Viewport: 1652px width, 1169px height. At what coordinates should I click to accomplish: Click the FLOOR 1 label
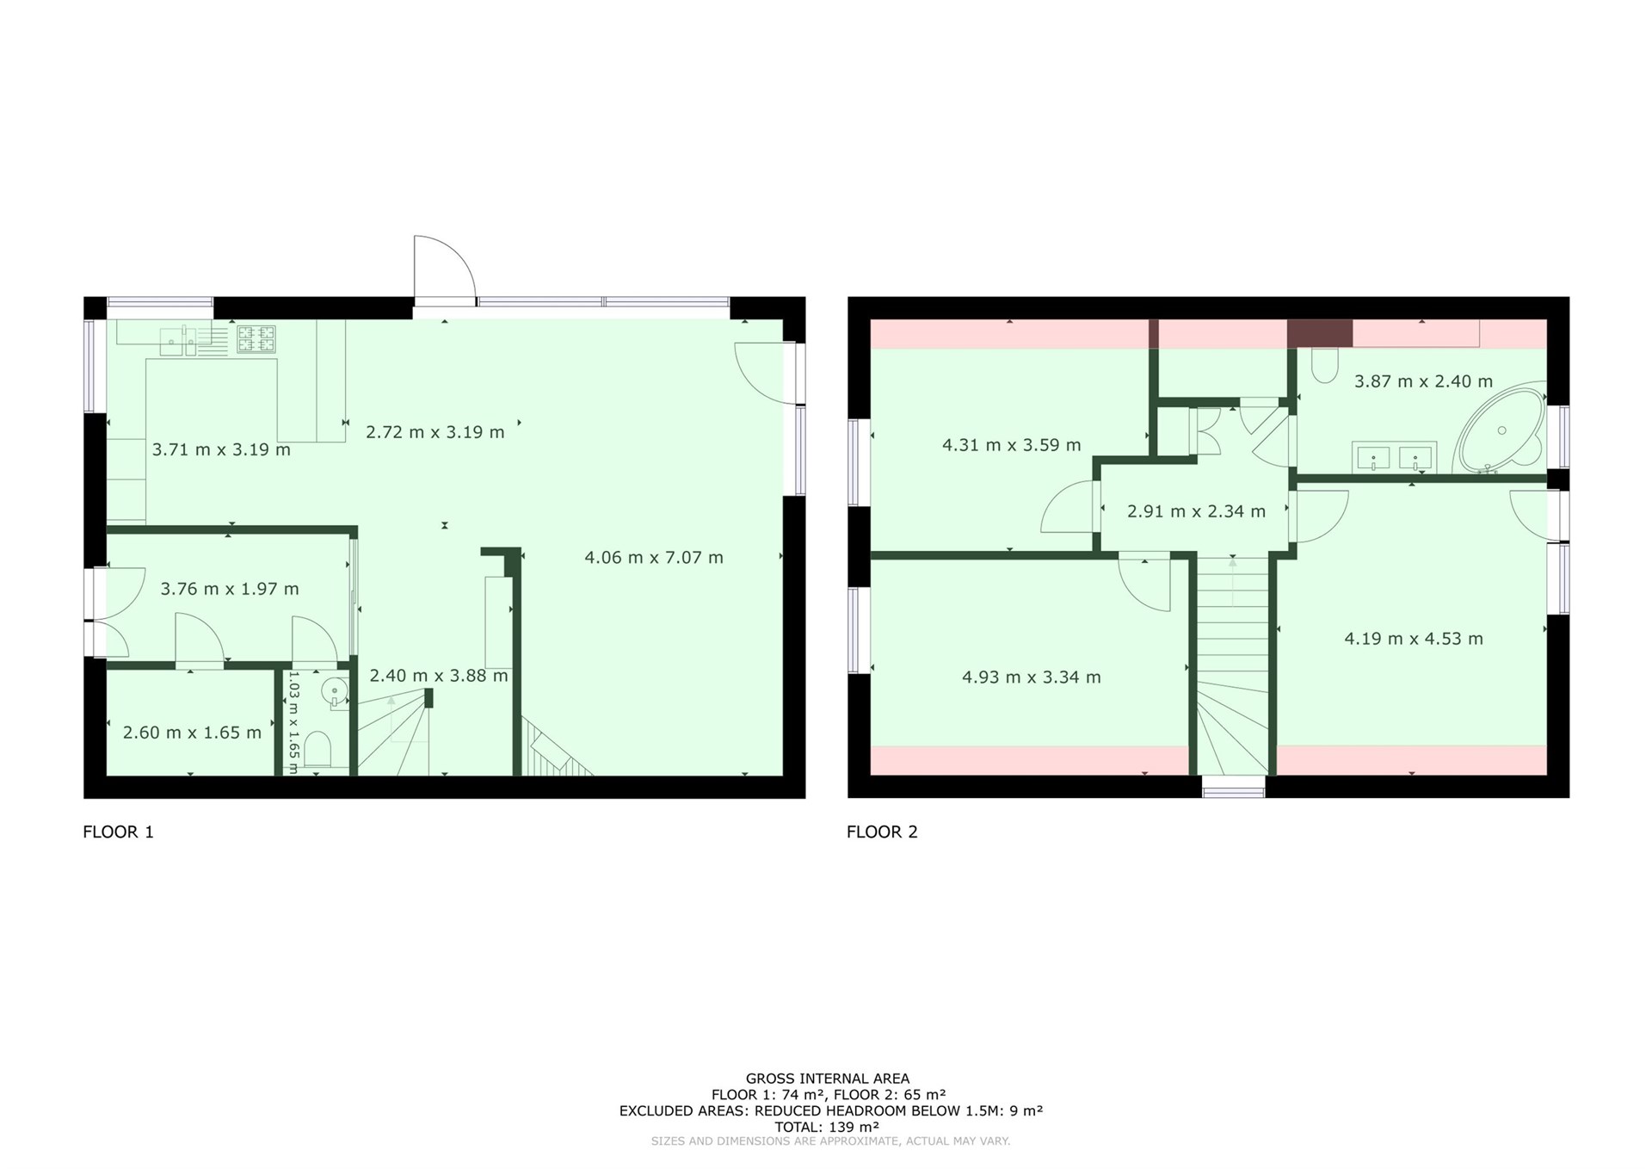[x=118, y=832]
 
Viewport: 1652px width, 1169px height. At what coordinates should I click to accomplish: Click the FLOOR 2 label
[x=882, y=832]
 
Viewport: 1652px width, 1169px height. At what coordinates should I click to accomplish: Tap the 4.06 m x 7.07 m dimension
[x=654, y=558]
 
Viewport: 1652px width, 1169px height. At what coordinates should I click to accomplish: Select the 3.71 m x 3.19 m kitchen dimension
[x=221, y=449]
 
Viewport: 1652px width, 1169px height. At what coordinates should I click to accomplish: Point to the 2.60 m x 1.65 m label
[x=192, y=733]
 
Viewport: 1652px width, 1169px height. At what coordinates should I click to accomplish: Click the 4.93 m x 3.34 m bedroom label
[x=1031, y=677]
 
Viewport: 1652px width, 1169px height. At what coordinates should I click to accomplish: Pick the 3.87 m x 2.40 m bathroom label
[x=1423, y=381]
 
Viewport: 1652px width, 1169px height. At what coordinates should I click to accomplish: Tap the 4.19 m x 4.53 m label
[x=1414, y=639]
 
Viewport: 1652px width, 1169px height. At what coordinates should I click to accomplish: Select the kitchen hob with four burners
[x=256, y=338]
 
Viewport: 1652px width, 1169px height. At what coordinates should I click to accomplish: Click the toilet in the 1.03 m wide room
[x=317, y=749]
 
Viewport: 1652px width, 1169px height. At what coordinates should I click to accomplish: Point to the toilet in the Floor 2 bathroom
[x=1325, y=365]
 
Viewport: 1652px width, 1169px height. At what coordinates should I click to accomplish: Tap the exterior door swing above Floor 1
[x=444, y=269]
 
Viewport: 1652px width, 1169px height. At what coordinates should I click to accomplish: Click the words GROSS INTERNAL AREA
[x=827, y=1079]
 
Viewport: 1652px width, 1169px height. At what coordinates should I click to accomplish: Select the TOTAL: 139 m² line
[x=827, y=1127]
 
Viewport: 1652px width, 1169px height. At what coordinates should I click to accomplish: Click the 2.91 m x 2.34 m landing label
[x=1196, y=511]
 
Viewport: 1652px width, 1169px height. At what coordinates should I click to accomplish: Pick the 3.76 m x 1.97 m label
[x=230, y=589]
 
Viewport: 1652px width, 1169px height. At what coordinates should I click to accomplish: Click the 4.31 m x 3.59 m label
[x=1011, y=445]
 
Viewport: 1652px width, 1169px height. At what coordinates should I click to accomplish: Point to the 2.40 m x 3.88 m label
[x=439, y=676]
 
